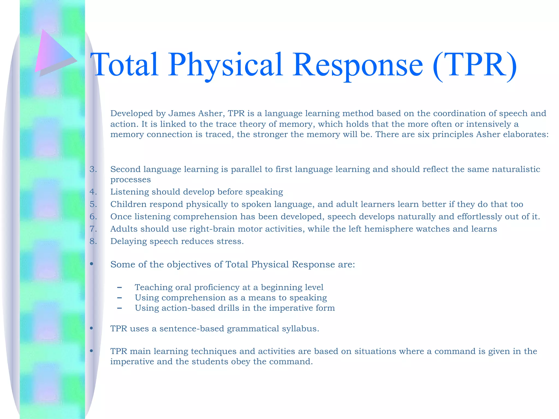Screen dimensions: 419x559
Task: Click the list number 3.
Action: click(x=93, y=169)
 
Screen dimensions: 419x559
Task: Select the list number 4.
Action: click(x=93, y=192)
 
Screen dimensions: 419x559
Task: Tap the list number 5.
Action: click(x=93, y=204)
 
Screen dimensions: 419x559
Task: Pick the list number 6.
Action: click(x=93, y=217)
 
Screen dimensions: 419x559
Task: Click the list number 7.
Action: click(x=93, y=229)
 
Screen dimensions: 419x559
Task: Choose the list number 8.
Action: click(x=93, y=241)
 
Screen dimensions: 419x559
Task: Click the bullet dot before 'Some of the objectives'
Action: click(x=92, y=264)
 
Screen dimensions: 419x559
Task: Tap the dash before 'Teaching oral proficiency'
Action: click(x=119, y=288)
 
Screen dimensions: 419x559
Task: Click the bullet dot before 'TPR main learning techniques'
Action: click(x=92, y=351)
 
